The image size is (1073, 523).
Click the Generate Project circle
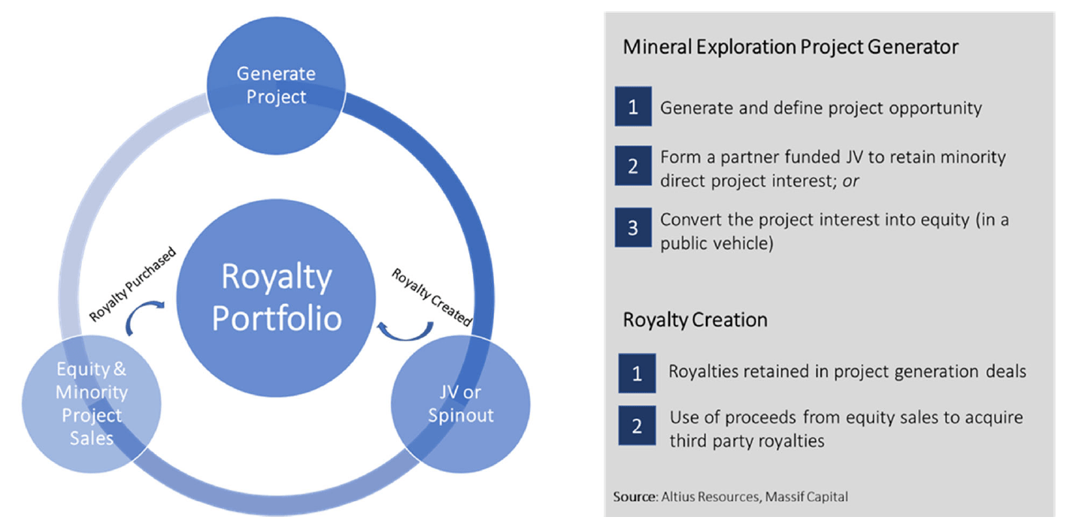[x=276, y=86]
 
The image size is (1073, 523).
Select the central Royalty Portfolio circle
[x=276, y=297]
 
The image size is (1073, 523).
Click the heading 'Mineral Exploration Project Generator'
[x=790, y=47]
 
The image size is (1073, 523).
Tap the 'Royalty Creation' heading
[x=695, y=320]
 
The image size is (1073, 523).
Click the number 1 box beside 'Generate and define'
[x=633, y=108]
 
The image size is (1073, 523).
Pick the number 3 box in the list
[x=633, y=227]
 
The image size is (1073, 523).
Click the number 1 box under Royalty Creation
[x=637, y=372]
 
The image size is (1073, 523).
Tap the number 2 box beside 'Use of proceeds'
[x=637, y=427]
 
